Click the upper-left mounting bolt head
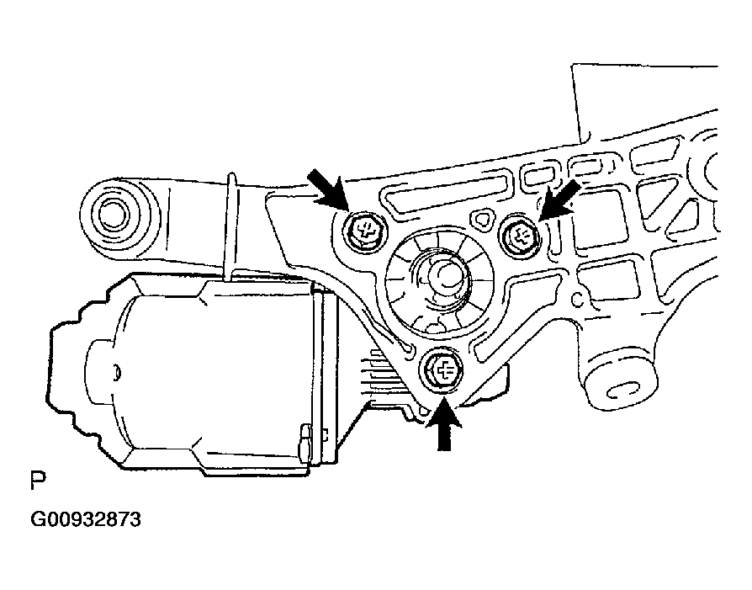pos(365,230)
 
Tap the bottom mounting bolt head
pos(442,371)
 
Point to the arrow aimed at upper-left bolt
pos(327,189)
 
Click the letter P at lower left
pos(38,480)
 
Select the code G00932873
pos(85,520)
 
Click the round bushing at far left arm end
pos(114,213)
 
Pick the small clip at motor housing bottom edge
pos(304,442)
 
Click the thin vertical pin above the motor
pos(231,226)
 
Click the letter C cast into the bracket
pos(578,300)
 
